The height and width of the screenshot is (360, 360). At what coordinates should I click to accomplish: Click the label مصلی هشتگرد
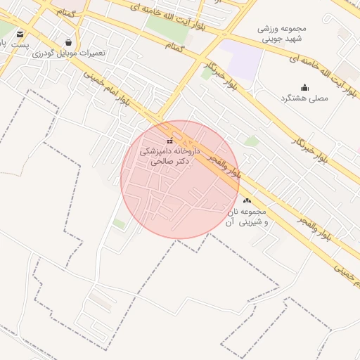pyautogui.click(x=304, y=98)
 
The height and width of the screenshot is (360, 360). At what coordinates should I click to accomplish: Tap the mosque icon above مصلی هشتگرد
pyautogui.click(x=304, y=87)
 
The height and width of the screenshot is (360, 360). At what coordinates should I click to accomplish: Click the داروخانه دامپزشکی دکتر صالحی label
pyautogui.click(x=170, y=156)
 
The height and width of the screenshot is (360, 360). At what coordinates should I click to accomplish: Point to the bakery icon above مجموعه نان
pyautogui.click(x=246, y=201)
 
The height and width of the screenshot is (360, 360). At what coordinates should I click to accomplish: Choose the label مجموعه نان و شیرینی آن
pyautogui.click(x=246, y=217)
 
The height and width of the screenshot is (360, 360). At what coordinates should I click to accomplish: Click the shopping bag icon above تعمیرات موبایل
pyautogui.click(x=67, y=42)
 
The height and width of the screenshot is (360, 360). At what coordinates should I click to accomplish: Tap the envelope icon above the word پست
pyautogui.click(x=19, y=33)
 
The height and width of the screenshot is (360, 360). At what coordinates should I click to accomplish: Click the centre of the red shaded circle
pyautogui.click(x=180, y=179)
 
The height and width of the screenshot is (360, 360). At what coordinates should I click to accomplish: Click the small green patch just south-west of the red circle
pyautogui.click(x=120, y=224)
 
